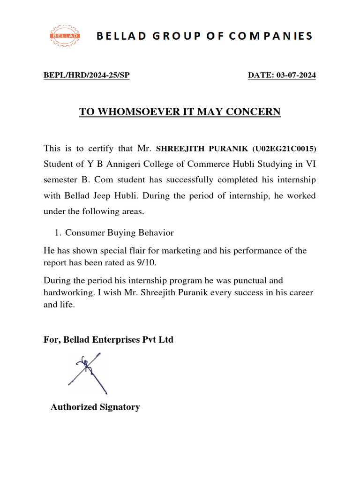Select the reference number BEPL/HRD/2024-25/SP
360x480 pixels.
pos(86,75)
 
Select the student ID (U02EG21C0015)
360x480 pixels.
pos(284,149)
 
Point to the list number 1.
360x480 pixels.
pos(58,233)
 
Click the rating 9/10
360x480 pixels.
pos(146,263)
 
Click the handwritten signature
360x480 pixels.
pos(88,373)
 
